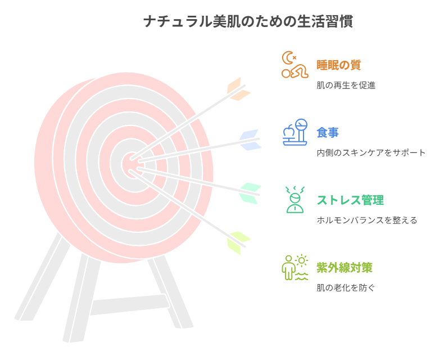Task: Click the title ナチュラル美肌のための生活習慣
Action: (248, 21)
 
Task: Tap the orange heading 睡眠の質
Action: (339, 65)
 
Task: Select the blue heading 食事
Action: (328, 133)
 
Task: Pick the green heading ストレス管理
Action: (350, 200)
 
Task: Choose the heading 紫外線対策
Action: (345, 268)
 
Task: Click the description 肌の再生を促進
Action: (346, 85)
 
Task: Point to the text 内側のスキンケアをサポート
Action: (371, 153)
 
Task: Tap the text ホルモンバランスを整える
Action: (367, 220)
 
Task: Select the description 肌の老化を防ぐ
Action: (346, 287)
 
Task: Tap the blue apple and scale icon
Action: (295, 132)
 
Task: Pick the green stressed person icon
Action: (295, 200)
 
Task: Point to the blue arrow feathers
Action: (250, 139)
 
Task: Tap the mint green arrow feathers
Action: (250, 193)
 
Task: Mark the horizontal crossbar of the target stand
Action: (130, 305)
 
